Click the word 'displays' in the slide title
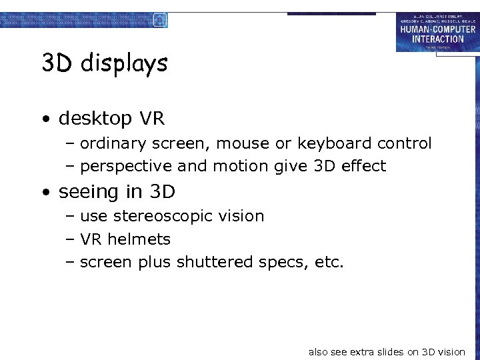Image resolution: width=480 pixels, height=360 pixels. (x=124, y=64)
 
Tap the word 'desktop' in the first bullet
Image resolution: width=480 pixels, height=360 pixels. (x=95, y=119)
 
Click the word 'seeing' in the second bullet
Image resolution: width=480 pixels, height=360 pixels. (x=82, y=192)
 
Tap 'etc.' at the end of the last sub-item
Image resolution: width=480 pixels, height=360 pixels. (x=329, y=262)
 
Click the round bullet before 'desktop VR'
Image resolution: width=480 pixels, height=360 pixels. (x=45, y=120)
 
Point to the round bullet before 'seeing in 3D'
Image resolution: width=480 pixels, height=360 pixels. (x=45, y=193)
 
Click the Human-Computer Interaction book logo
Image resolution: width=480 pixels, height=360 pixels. (x=437, y=32)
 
